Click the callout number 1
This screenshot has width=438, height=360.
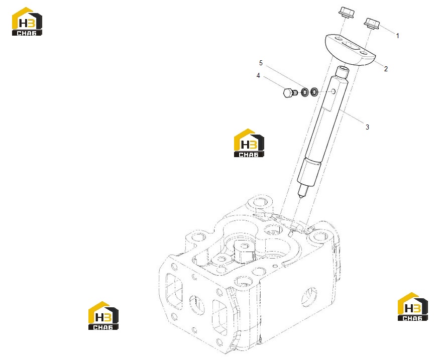point(397,36)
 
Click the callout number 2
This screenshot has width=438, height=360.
point(386,69)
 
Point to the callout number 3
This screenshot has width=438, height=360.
point(367,127)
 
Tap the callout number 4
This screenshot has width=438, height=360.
point(258,76)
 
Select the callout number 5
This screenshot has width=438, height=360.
point(261,63)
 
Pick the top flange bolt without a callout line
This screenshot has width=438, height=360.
point(347,13)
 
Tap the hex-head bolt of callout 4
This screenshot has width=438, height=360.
point(289,92)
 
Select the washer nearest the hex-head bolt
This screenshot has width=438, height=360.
point(305,92)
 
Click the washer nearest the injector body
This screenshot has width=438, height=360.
point(314,91)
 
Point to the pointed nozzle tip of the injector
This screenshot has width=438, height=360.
point(301,197)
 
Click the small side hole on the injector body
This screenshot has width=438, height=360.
point(333,91)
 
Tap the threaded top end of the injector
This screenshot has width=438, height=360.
point(343,72)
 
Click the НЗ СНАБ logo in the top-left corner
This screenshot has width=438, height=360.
point(27,22)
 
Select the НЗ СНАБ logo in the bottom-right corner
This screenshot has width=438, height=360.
point(412,307)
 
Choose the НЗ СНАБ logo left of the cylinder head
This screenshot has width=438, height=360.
point(103,316)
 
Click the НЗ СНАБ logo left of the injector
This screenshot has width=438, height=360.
point(249,143)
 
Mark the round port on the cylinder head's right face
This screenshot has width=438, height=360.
point(309,297)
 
